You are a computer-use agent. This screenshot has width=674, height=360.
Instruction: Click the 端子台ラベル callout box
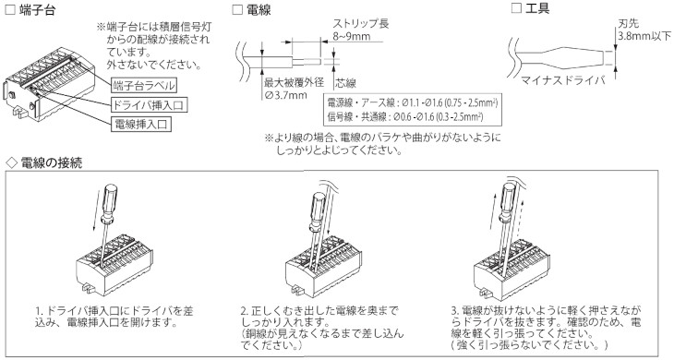pos(144,85)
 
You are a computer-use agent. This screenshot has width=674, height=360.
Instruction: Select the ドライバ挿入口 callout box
pos(150,105)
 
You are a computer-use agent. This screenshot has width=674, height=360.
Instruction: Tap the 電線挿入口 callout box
pos(141,124)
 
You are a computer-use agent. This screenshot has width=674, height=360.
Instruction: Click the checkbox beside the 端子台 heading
pos(10,10)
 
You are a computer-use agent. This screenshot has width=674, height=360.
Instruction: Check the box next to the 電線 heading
pos(237,9)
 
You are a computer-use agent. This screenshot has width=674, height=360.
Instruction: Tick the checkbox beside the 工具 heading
pos(517,8)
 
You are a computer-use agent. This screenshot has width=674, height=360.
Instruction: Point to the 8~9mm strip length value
pos(351,36)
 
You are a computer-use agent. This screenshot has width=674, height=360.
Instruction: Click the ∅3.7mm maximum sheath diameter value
pos(286,94)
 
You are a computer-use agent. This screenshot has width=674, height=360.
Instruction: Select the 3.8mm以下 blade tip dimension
pos(644,36)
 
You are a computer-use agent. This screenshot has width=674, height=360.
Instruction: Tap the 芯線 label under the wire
pos(346,83)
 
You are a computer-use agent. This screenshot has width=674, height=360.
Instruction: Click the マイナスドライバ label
pos(563,80)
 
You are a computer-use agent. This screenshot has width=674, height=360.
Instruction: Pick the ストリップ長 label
pos(361,23)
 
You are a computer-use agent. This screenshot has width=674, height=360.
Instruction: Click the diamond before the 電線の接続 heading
pos(12,162)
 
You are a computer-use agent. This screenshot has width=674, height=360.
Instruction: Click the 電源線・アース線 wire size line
pos(412,103)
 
